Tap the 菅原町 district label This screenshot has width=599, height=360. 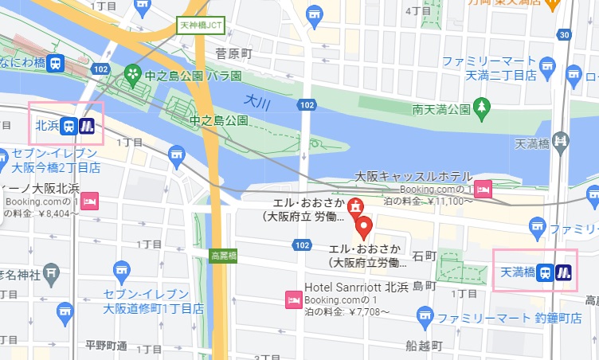point(233,53)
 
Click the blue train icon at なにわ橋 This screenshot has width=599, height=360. point(55,64)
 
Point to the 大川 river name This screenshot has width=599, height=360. point(258,101)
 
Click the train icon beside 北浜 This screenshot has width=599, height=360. point(69,125)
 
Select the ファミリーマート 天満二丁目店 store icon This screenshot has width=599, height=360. point(547,64)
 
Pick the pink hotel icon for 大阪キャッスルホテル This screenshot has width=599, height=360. point(483,190)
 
